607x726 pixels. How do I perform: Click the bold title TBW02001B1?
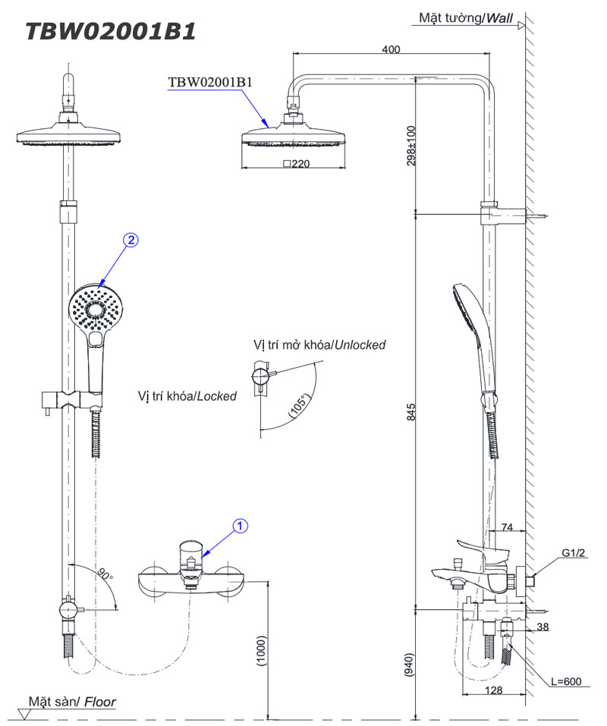111,32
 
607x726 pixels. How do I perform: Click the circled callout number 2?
131,240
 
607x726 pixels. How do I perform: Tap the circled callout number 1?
240,526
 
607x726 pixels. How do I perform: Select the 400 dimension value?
391,49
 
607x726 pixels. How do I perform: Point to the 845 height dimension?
411,412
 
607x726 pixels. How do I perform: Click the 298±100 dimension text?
411,146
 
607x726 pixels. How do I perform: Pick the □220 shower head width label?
297,163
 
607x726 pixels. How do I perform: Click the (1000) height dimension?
262,651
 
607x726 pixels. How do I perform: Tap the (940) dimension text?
409,665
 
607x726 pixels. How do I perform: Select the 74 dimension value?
507,527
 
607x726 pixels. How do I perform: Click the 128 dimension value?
493,690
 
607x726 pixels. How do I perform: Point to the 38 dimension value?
543,627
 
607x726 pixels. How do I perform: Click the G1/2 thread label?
573,553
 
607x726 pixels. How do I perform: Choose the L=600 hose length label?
566,681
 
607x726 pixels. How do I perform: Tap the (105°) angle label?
299,406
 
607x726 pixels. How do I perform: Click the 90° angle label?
105,574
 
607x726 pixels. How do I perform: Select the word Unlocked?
360,345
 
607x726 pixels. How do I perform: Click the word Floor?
100,702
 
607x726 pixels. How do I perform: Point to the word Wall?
499,18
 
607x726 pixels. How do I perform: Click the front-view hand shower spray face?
97,308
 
